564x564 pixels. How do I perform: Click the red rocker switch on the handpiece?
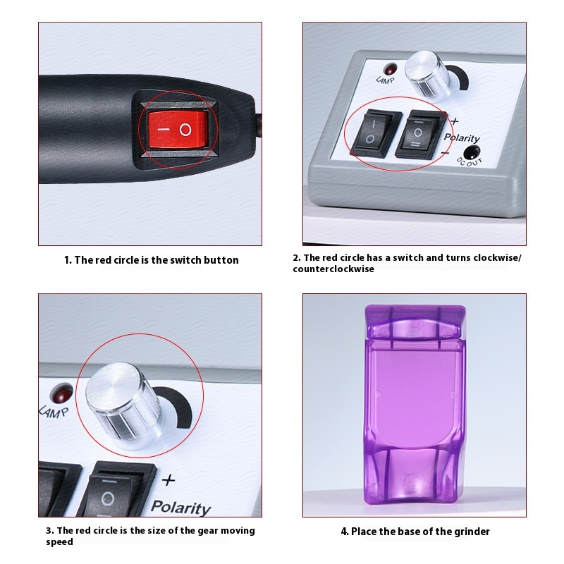(178, 129)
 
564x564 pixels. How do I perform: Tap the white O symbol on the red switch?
(185, 130)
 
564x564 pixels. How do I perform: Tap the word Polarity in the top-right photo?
(462, 138)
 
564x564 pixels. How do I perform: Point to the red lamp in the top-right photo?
(389, 69)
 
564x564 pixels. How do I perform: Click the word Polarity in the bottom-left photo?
(181, 508)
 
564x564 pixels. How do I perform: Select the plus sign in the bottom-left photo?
(168, 481)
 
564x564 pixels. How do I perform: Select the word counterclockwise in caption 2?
(333, 269)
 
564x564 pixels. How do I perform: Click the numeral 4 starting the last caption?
(345, 531)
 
